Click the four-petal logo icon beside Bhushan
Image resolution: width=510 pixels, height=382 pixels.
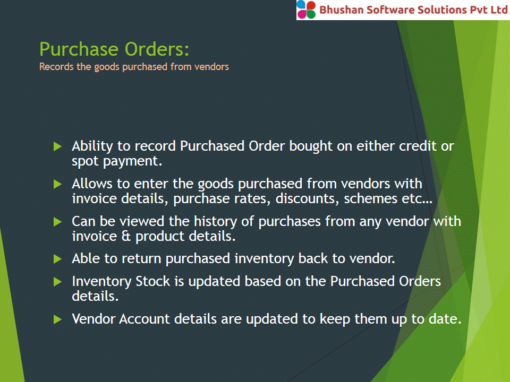(x=306, y=10)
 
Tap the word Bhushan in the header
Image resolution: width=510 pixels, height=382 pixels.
(x=341, y=10)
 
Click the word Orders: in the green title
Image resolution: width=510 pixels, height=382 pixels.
(x=157, y=49)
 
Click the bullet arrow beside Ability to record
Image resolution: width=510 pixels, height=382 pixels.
(x=57, y=146)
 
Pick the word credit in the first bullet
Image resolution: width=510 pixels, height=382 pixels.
(x=418, y=146)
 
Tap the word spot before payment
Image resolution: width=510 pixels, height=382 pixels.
(x=85, y=161)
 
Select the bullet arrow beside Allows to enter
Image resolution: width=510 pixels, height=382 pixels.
(x=57, y=184)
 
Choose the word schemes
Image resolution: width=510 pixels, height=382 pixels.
(x=370, y=198)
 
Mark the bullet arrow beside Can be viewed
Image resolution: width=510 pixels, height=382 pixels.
(x=57, y=222)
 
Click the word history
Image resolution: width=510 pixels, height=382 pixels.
(x=216, y=222)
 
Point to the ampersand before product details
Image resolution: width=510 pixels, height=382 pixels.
(x=126, y=236)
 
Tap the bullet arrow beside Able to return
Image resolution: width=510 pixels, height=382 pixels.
(x=57, y=259)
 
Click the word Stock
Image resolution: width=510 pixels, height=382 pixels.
(x=153, y=281)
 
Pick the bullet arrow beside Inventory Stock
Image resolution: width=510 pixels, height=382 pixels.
(x=57, y=282)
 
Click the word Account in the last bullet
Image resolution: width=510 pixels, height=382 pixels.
(x=144, y=319)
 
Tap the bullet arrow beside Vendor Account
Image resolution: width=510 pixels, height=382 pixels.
(x=57, y=319)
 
